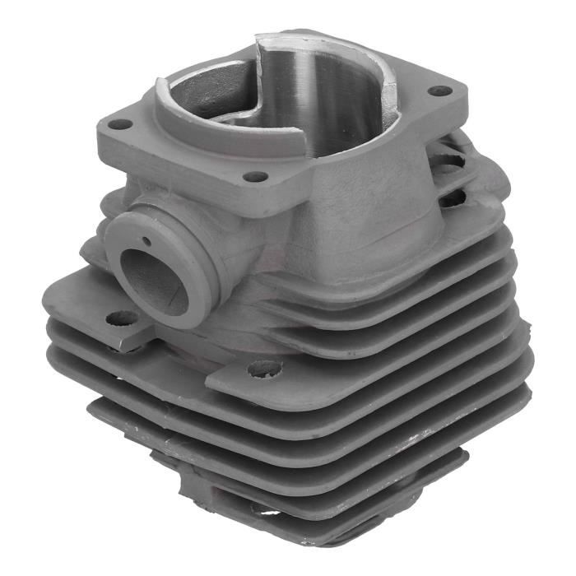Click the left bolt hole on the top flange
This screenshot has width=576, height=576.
pyautogui.click(x=120, y=124)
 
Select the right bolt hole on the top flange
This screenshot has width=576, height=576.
pyautogui.click(x=440, y=91)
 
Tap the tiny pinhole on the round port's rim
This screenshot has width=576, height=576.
pyautogui.click(x=146, y=241)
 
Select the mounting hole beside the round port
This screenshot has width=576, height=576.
pyautogui.click(x=122, y=318)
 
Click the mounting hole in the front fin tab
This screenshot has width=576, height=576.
pyautogui.click(x=264, y=369)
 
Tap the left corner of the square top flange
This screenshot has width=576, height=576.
pyautogui.click(x=100, y=132)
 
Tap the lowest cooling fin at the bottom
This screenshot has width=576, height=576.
pyautogui.click(x=329, y=527)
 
